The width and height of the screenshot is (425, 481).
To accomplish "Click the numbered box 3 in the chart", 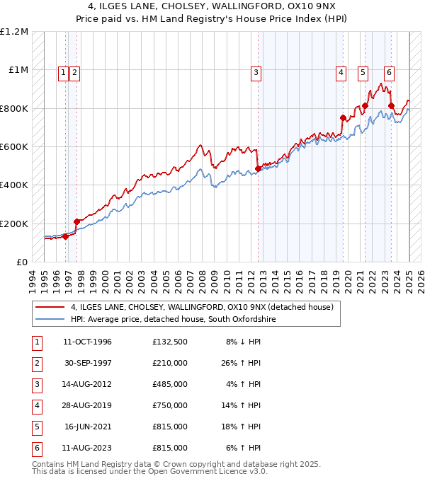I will pyautogui.click(x=255, y=71).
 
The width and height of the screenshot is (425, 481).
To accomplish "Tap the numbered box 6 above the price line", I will pyautogui.click(x=389, y=71).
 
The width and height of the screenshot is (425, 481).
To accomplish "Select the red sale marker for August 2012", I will pyautogui.click(x=258, y=169).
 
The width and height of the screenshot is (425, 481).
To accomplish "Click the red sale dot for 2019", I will pyautogui.click(x=343, y=118).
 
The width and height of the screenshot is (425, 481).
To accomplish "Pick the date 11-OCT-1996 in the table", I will pyautogui.click(x=87, y=342).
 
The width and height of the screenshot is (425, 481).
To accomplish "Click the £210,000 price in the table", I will pyautogui.click(x=170, y=363).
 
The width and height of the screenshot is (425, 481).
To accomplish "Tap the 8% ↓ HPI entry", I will pyautogui.click(x=244, y=342).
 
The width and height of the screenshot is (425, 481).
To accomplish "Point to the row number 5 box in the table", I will pyautogui.click(x=35, y=427).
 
